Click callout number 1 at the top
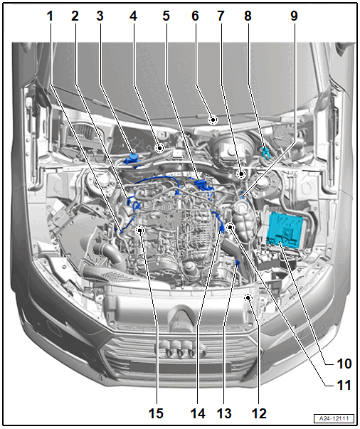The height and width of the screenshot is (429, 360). pos(50,16)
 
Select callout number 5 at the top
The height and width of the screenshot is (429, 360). pos(166,16)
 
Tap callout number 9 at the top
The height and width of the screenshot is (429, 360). pos(294,16)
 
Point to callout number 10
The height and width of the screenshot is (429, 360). pos(344,364)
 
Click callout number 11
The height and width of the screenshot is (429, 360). pos(344,385)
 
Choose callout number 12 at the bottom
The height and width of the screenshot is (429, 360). pos(259,413)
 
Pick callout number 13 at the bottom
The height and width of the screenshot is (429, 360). pos(224,413)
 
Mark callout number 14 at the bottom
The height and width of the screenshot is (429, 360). pos(198,413)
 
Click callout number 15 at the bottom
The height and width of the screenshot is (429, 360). pos(156,413)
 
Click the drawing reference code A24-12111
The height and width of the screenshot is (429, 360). pos(334,418)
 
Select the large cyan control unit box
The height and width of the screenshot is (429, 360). pos(285,229)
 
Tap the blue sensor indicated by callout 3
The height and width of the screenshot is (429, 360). pos(132,159)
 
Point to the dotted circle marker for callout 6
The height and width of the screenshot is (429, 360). pos(213,120)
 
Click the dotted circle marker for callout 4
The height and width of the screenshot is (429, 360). pos(159,148)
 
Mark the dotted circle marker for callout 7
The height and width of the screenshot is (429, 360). pos(241,174)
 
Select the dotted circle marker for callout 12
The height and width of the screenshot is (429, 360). pos(248,297)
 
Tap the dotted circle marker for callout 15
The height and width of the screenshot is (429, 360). pos(140,231)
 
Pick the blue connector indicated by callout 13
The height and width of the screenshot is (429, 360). pos(237,264)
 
